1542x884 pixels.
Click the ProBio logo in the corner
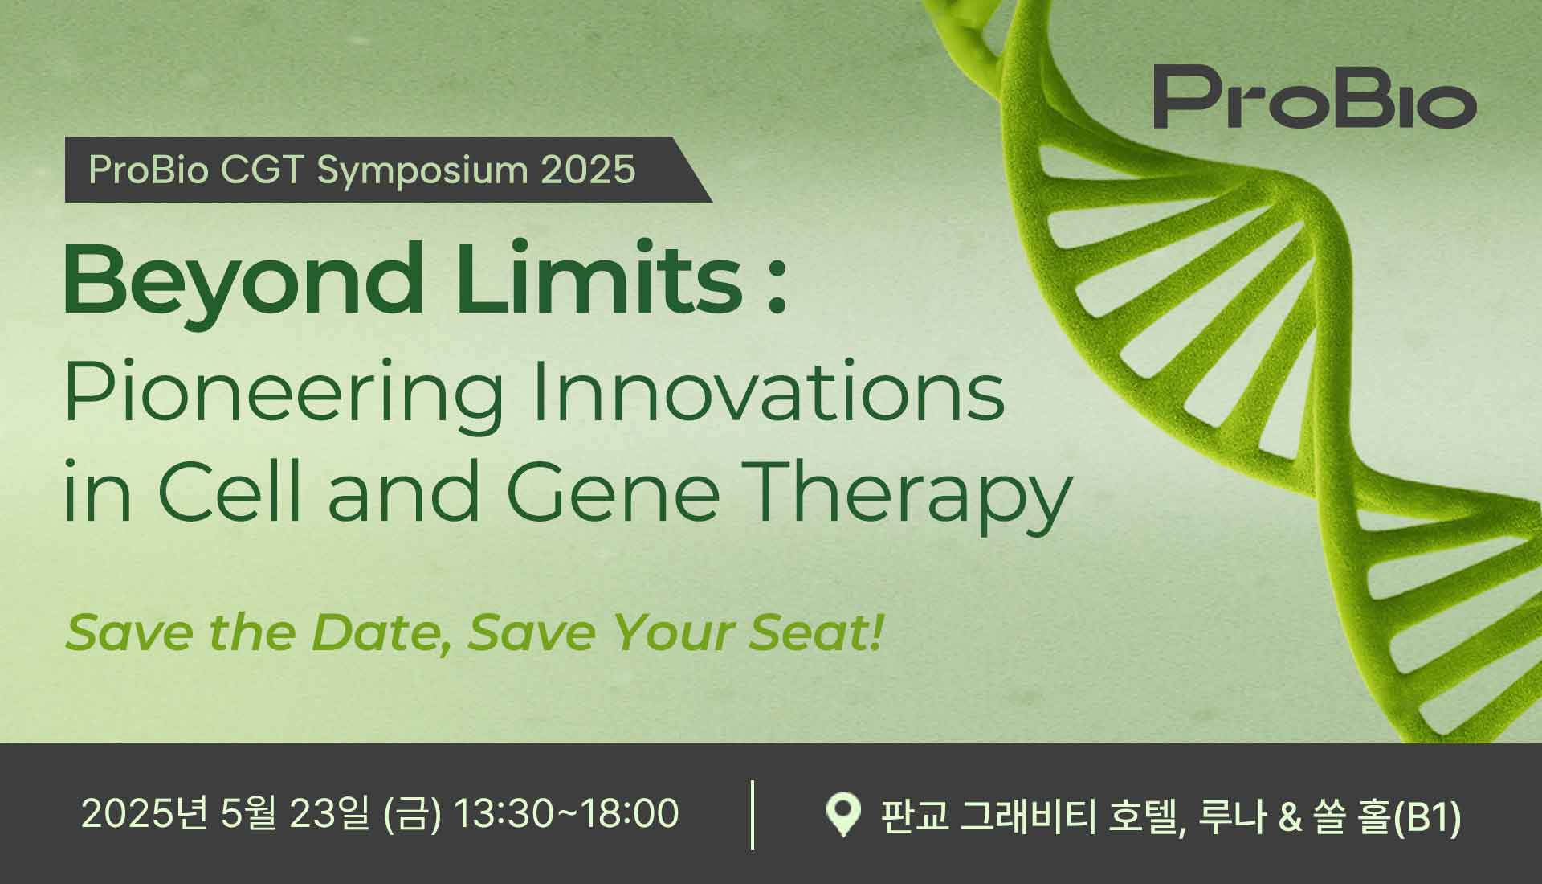pyautogui.click(x=1315, y=98)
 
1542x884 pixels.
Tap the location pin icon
pyautogui.click(x=843, y=815)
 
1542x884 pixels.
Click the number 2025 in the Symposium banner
pyautogui.click(x=588, y=170)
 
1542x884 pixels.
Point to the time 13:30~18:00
pyautogui.click(x=566, y=813)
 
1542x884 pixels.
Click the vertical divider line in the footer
pyautogui.click(x=753, y=814)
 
